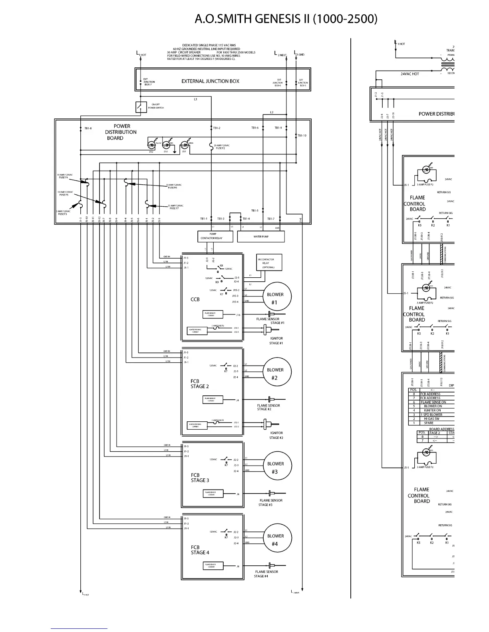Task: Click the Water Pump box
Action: point(261,237)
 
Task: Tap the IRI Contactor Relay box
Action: point(269,263)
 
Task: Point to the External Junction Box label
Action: point(210,81)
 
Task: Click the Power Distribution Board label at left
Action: point(121,132)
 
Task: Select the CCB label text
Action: point(195,299)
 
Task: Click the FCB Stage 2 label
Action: point(199,384)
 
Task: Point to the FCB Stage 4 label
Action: point(200,550)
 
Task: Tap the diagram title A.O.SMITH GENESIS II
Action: point(286,19)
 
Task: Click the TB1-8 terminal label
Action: point(88,128)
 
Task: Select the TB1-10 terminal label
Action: point(302,136)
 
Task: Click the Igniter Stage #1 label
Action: point(276,341)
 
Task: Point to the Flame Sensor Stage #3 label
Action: point(270,502)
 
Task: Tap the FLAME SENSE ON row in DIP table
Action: point(433,402)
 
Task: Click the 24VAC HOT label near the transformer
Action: point(410,74)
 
